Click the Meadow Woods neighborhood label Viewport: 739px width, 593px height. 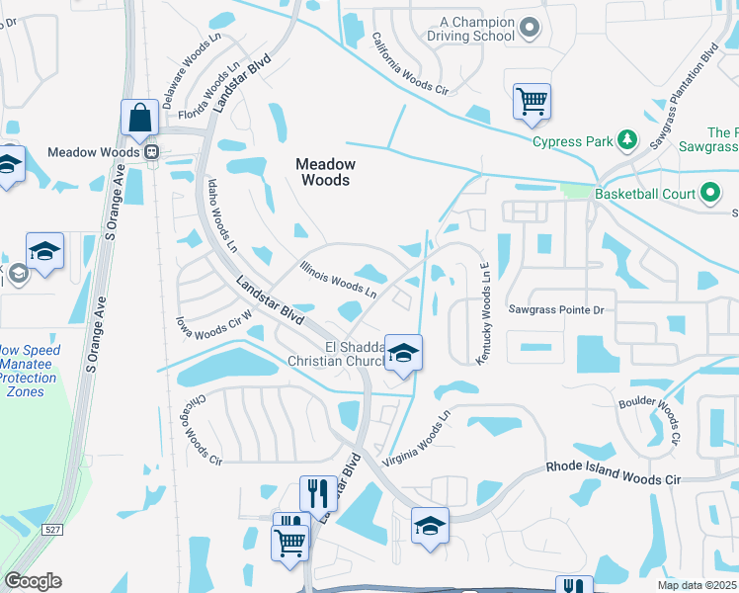tap(325, 172)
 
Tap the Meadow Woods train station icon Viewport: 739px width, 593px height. tap(151, 152)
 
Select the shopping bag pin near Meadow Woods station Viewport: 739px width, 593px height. tap(140, 118)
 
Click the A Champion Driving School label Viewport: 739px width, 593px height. tap(477, 29)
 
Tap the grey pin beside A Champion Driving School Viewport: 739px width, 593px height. tap(530, 28)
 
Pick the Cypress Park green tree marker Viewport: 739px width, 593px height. tap(625, 140)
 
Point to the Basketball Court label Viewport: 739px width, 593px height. tap(645, 194)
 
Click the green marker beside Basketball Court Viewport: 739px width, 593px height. tap(711, 194)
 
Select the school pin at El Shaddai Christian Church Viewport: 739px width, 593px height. tap(403, 353)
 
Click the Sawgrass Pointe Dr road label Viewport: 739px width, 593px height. tap(556, 309)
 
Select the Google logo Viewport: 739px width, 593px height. tap(33, 581)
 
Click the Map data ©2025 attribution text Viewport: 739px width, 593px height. tap(697, 585)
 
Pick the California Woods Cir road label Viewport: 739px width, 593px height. tap(410, 66)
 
